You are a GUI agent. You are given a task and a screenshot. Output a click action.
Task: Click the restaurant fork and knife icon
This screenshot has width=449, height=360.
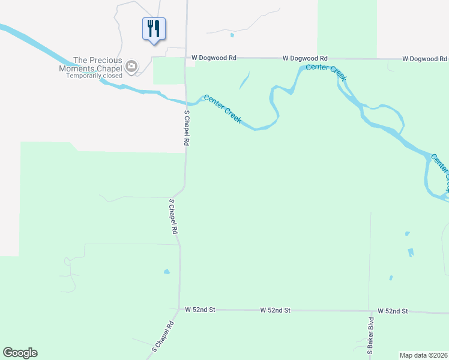click(x=154, y=28)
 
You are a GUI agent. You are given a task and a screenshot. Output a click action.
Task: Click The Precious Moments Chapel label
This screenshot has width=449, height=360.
click(x=97, y=64)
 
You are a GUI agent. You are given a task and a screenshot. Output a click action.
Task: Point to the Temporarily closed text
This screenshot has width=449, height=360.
click(x=94, y=76)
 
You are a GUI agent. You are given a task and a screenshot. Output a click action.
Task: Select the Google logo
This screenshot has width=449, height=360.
click(x=20, y=353)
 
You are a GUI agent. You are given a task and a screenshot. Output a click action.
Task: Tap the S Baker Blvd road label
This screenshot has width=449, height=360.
click(x=371, y=336)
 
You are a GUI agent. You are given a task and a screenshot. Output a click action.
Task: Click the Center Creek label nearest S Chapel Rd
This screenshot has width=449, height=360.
click(x=223, y=109)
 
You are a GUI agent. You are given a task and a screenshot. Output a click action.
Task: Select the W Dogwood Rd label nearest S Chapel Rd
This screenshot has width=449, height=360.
click(x=214, y=58)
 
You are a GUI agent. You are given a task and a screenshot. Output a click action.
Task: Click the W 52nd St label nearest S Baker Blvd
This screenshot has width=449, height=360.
click(x=393, y=311)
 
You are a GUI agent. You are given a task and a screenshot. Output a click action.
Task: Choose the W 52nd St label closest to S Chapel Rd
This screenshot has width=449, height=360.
click(x=200, y=310)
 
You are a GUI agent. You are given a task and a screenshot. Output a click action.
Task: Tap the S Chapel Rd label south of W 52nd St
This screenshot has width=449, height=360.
click(x=162, y=337)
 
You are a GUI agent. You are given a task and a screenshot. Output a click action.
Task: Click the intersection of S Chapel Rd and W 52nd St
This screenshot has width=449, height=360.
click(x=179, y=310)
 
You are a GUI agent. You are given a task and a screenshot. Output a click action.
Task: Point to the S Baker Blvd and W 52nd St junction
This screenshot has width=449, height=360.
click(x=370, y=311)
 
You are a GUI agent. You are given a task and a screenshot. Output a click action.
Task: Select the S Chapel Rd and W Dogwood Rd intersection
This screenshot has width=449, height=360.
click(x=186, y=58)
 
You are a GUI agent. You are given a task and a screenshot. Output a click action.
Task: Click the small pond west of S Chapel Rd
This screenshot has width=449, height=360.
click(x=166, y=272)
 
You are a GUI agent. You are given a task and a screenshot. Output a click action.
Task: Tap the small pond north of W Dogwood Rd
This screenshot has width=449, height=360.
click(x=232, y=34)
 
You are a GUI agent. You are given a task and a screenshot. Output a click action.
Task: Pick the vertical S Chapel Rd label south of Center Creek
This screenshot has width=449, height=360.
click(x=187, y=128)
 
